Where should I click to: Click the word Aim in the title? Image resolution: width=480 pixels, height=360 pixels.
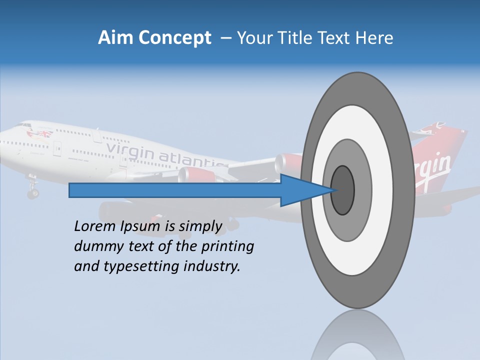(115, 38)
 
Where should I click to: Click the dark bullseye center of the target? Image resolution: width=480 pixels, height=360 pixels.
(343, 190)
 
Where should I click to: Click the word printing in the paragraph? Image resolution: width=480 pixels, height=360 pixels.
(227, 247)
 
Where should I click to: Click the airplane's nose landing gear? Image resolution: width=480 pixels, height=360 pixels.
(32, 190)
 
